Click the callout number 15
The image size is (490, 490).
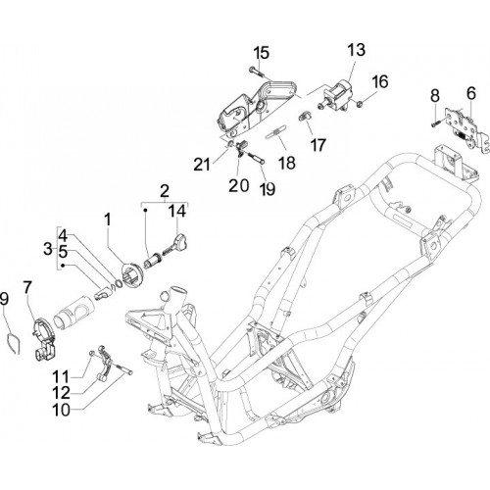(262, 53)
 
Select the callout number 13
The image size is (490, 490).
(356, 50)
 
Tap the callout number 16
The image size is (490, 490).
(380, 81)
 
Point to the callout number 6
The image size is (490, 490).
(471, 93)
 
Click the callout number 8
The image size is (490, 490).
(435, 96)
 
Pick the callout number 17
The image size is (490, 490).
(318, 145)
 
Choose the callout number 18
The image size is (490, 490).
(287, 163)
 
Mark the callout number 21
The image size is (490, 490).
(202, 165)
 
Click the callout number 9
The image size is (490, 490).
(4, 299)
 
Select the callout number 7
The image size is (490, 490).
(27, 287)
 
